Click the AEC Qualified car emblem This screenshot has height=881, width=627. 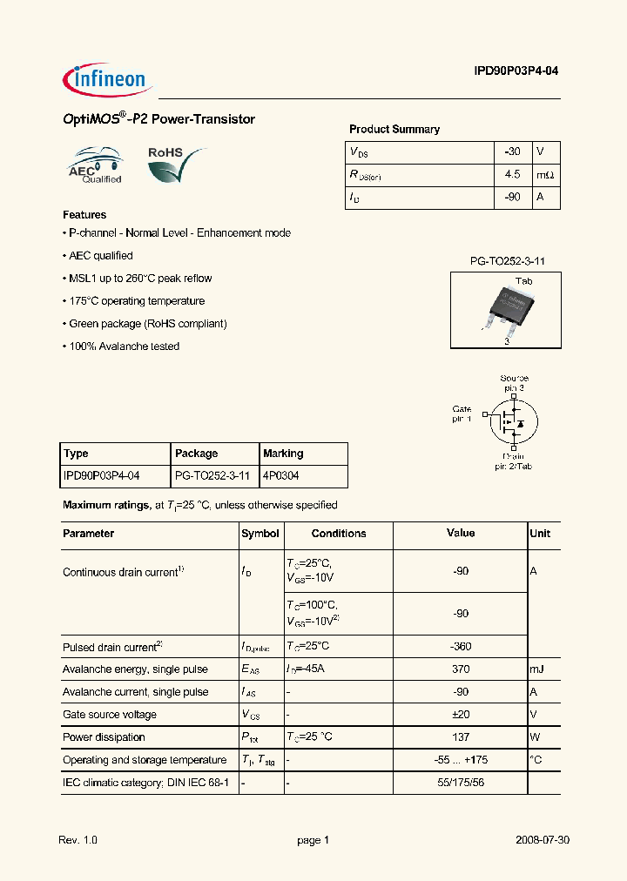pos(95,165)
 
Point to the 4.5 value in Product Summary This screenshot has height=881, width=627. pos(512,174)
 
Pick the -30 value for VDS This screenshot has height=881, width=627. pos(512,151)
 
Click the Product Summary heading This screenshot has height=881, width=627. pos(394,129)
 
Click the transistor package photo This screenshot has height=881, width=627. pos(506,309)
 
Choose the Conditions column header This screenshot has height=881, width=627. pos(339,534)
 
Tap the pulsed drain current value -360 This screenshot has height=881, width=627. pos(461,647)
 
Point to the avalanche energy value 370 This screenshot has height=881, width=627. pos(461,669)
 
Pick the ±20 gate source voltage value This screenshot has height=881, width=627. pos(461,715)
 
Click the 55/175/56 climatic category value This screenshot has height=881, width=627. pos(461,783)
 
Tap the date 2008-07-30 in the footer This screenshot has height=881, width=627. pos(542,840)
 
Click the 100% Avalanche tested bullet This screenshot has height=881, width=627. pos(123,346)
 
